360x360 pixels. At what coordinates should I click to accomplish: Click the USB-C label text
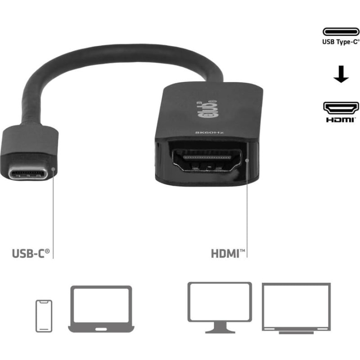(x=31, y=253)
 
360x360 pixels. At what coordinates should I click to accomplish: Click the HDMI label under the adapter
(x=228, y=253)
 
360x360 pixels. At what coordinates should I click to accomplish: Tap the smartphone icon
(x=44, y=316)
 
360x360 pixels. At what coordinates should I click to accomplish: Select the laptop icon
(x=101, y=309)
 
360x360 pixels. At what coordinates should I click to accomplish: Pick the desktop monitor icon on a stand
(x=220, y=307)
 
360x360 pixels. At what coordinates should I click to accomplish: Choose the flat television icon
(x=296, y=308)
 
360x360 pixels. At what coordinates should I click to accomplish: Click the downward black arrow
(x=341, y=74)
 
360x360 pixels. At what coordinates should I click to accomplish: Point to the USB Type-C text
(x=341, y=42)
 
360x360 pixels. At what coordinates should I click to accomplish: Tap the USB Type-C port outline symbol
(x=341, y=31)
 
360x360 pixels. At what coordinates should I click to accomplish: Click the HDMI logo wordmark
(x=341, y=120)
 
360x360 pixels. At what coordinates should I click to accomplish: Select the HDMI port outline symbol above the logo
(x=341, y=108)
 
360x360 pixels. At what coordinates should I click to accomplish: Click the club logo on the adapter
(x=207, y=109)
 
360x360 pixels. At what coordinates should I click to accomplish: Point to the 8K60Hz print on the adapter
(x=209, y=133)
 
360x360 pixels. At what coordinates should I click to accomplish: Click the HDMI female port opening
(x=207, y=161)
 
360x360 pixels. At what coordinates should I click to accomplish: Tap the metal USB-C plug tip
(x=28, y=174)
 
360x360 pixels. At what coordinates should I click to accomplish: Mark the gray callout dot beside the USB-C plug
(x=53, y=169)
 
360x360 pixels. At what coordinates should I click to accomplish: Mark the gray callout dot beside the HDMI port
(x=247, y=161)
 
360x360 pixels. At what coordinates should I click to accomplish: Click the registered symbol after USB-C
(x=47, y=251)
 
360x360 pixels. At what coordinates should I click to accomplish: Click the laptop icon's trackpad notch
(x=101, y=329)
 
